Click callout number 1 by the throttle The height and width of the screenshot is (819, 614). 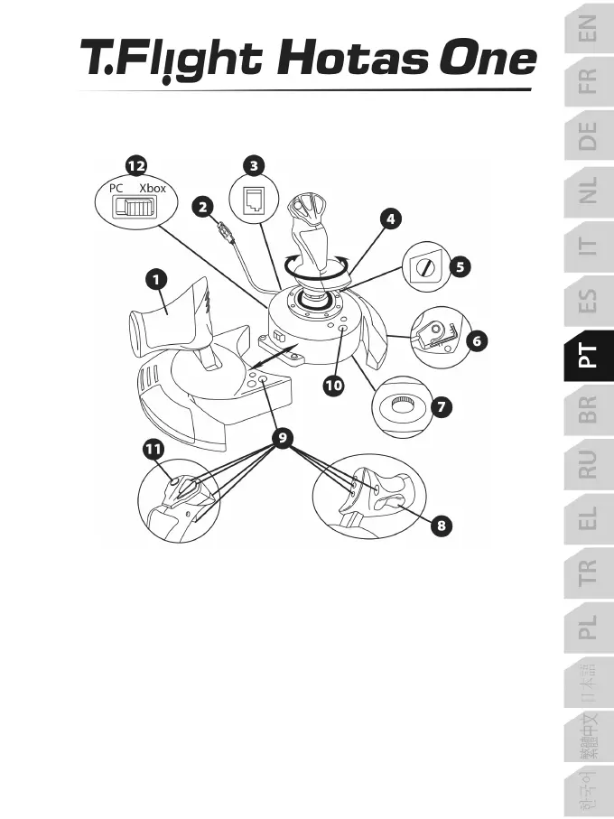[x=156, y=280]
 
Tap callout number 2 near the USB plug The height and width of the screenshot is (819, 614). [x=206, y=207]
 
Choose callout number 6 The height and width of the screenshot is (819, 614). [x=476, y=341]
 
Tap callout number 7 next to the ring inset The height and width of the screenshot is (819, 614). [x=441, y=406]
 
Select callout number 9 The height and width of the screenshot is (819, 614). [x=284, y=438]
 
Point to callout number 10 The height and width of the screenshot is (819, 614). [x=334, y=385]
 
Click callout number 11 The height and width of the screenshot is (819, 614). [x=153, y=447]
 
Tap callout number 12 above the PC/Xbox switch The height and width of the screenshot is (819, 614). [x=136, y=166]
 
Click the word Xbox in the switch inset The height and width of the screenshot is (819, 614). [x=153, y=189]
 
